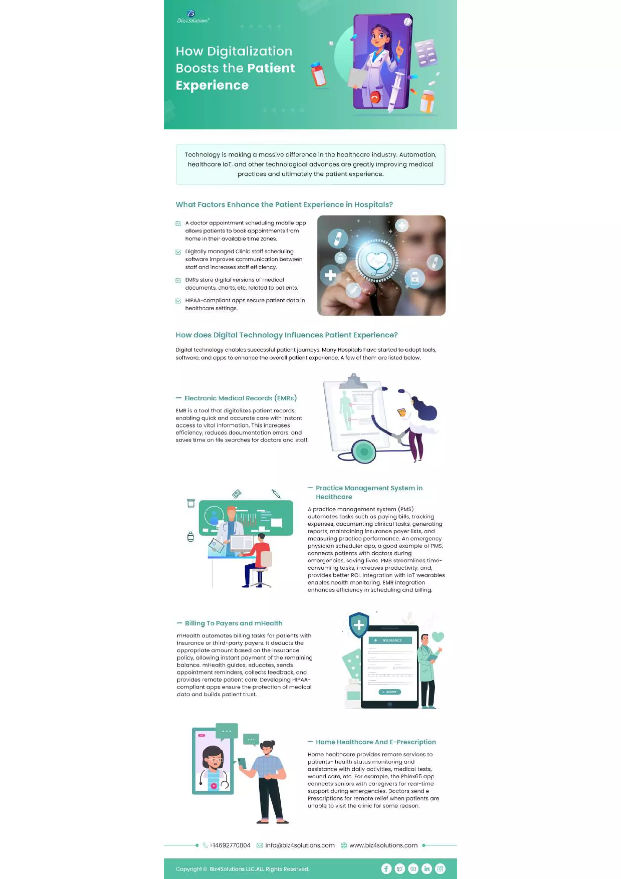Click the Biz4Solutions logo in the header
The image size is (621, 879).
click(193, 17)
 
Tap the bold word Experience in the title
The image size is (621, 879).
click(212, 85)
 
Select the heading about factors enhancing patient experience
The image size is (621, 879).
click(284, 205)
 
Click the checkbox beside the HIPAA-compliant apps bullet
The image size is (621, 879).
click(178, 301)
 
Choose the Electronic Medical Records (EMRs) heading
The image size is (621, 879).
click(240, 398)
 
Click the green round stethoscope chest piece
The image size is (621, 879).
click(364, 452)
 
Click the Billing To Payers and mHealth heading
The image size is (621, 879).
click(233, 623)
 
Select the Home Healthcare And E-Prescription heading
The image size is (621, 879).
click(376, 742)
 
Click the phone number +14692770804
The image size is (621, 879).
click(230, 845)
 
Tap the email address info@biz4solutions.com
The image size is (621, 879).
click(300, 845)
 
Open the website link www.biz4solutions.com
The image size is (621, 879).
click(383, 845)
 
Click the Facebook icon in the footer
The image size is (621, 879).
click(386, 869)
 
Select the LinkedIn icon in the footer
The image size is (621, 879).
click(427, 869)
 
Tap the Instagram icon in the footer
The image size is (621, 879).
click(440, 869)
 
